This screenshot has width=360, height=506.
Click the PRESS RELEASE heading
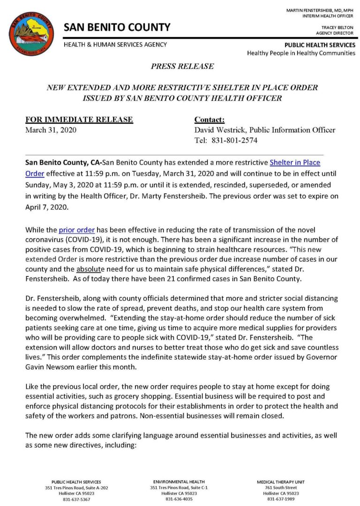click(x=182, y=67)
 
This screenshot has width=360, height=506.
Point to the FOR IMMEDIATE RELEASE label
click(x=79, y=120)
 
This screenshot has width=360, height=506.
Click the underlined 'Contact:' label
click(x=210, y=120)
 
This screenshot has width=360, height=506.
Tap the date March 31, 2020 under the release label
click(x=51, y=130)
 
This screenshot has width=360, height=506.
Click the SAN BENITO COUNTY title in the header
click(x=117, y=27)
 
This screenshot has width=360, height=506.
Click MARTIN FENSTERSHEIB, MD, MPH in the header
click(x=320, y=10)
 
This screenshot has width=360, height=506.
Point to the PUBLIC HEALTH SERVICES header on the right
click(x=320, y=45)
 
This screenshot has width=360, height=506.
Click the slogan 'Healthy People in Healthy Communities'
click(x=301, y=53)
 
